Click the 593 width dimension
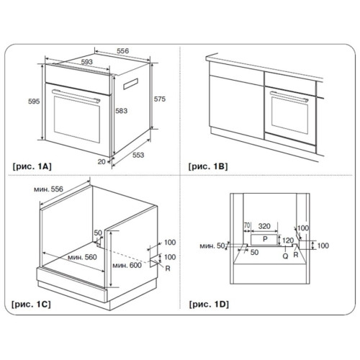(86, 62)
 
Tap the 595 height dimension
(34, 102)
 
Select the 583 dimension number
(121, 111)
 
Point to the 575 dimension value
(160, 99)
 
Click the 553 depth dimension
(138, 155)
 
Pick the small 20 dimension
(102, 162)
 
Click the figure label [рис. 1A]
(32, 166)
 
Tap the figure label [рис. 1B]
(208, 166)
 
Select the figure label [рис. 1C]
(32, 305)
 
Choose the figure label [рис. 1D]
(209, 305)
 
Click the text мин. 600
(127, 265)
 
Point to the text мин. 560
(82, 257)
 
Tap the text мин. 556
(48, 189)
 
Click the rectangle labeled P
(264, 240)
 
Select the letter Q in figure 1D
(285, 256)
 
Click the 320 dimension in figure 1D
(264, 226)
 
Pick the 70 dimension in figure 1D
(247, 225)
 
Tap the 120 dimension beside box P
(288, 240)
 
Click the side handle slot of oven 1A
(130, 84)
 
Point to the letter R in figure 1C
(168, 269)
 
